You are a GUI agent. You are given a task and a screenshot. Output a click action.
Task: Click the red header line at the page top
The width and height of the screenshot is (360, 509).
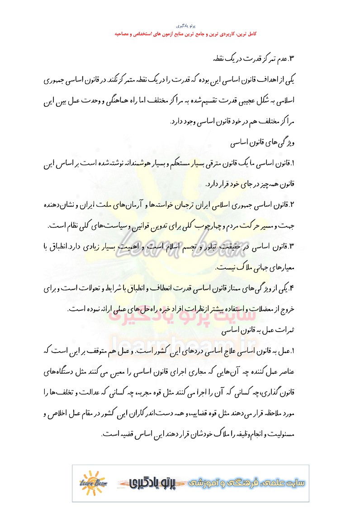click(x=180, y=34)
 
